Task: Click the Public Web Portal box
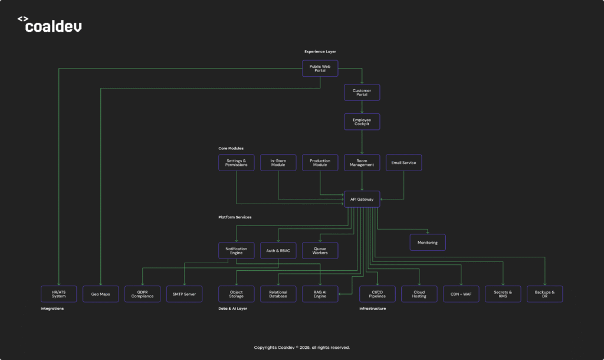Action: pos(320,68)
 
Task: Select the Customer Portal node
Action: pos(362,92)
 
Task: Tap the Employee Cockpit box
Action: pos(362,122)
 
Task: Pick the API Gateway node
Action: pos(362,199)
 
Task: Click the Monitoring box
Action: pos(428,242)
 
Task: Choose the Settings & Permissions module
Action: pos(236,163)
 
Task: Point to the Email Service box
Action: pos(403,163)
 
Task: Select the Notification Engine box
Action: pos(236,250)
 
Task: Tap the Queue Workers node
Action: pos(320,250)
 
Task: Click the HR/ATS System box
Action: pos(58,293)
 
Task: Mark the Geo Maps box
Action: pos(100,293)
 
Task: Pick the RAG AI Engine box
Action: pos(320,293)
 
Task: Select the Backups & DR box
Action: pos(544,293)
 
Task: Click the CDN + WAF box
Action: pos(461,293)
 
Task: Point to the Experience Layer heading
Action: pos(320,52)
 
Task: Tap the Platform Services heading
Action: pos(235,217)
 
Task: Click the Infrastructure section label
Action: pos(373,309)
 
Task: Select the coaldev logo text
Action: pos(54,27)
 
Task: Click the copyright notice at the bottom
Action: pos(301,348)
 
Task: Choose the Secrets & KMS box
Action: pos(503,293)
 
